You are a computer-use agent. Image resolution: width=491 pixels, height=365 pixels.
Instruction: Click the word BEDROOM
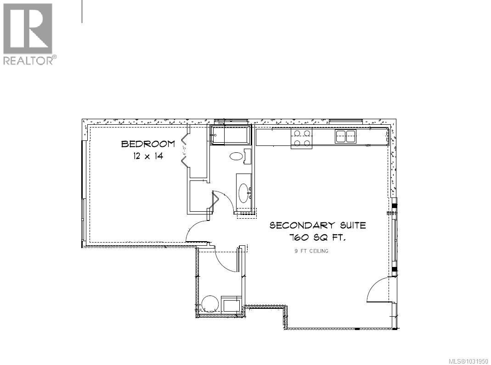coord(148,144)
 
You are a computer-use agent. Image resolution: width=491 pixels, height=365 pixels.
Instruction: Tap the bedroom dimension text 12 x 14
coord(148,156)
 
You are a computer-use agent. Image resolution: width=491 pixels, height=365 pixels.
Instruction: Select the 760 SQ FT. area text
coord(317,238)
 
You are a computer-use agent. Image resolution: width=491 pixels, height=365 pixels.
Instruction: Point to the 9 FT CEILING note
coord(311,251)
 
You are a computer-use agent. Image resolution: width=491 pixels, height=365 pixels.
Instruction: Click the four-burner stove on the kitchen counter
coord(301,139)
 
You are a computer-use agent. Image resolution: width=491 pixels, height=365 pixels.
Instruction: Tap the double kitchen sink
coord(345,136)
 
